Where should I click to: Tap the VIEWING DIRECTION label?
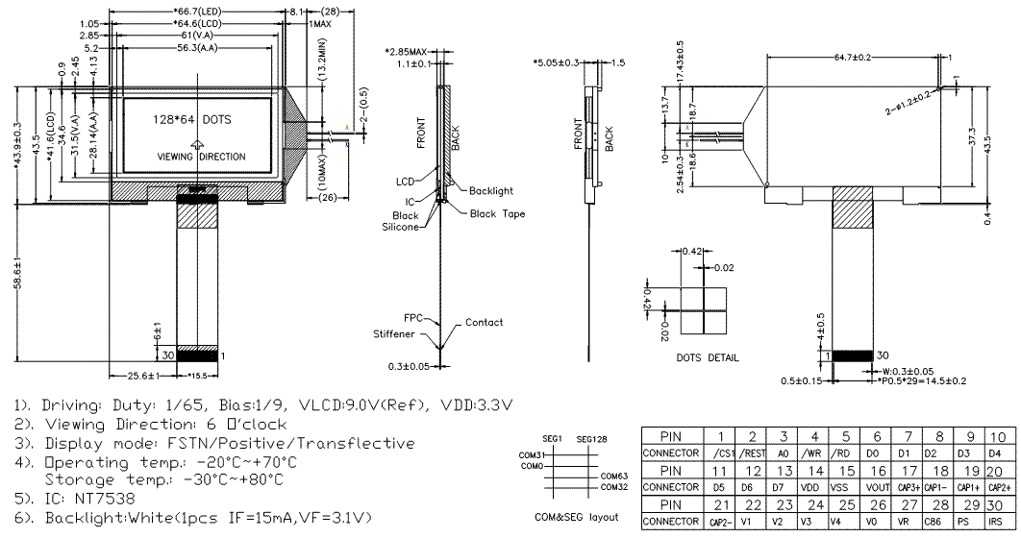201,157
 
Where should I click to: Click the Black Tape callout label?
497,213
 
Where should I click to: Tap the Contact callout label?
484,323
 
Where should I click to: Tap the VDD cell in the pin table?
814,487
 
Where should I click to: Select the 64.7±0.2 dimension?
849,58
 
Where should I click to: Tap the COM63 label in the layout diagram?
613,474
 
